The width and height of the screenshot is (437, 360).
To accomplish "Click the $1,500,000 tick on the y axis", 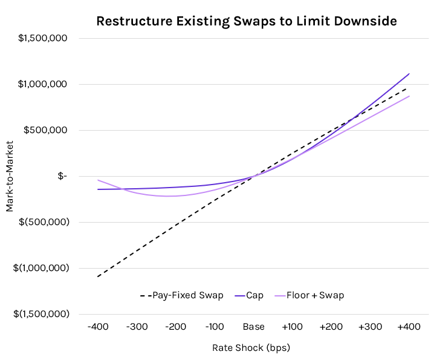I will click(x=51, y=38).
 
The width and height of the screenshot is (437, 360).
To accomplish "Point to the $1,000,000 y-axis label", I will click(x=51, y=84).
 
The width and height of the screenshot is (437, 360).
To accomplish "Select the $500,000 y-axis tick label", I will click(x=54, y=130).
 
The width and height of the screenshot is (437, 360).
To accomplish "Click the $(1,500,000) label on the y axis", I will click(x=48, y=314).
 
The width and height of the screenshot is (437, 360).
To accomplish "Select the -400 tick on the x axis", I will click(x=97, y=327).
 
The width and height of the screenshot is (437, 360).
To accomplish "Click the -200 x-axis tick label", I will click(x=175, y=327).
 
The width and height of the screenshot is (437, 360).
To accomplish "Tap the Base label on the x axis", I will click(x=253, y=327).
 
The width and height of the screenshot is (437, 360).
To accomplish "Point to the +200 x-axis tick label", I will click(x=331, y=327).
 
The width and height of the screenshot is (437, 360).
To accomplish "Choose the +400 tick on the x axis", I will click(x=409, y=327).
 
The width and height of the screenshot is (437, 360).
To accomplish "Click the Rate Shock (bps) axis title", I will click(x=253, y=349).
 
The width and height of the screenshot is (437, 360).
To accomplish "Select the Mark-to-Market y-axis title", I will click(x=10, y=176).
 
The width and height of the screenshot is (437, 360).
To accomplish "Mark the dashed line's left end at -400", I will click(x=97, y=277).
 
